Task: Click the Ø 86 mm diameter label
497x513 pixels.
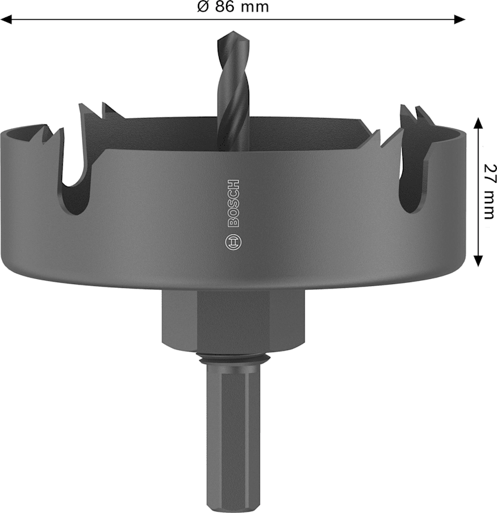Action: click(x=233, y=6)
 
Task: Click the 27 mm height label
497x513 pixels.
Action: click(x=489, y=191)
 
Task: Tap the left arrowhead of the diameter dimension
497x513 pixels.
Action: click(x=6, y=19)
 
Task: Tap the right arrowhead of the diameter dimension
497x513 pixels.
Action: click(x=460, y=19)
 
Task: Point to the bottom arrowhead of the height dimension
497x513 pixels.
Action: click(x=478, y=261)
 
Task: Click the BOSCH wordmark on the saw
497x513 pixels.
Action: click(x=233, y=203)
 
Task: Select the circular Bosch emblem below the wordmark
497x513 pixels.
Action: click(x=234, y=243)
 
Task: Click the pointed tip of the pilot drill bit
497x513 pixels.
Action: click(x=233, y=32)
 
